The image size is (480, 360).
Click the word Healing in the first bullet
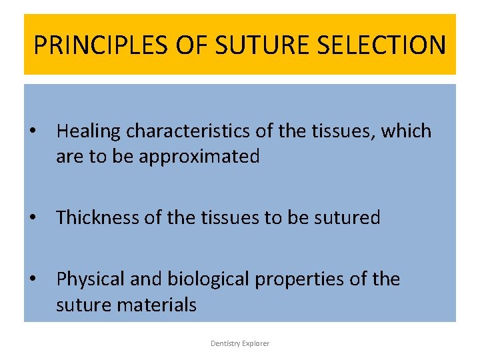tap(89, 131)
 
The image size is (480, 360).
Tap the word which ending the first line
tap(406, 131)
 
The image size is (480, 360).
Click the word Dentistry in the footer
tap(225, 343)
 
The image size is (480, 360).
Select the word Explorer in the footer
tap(256, 343)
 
